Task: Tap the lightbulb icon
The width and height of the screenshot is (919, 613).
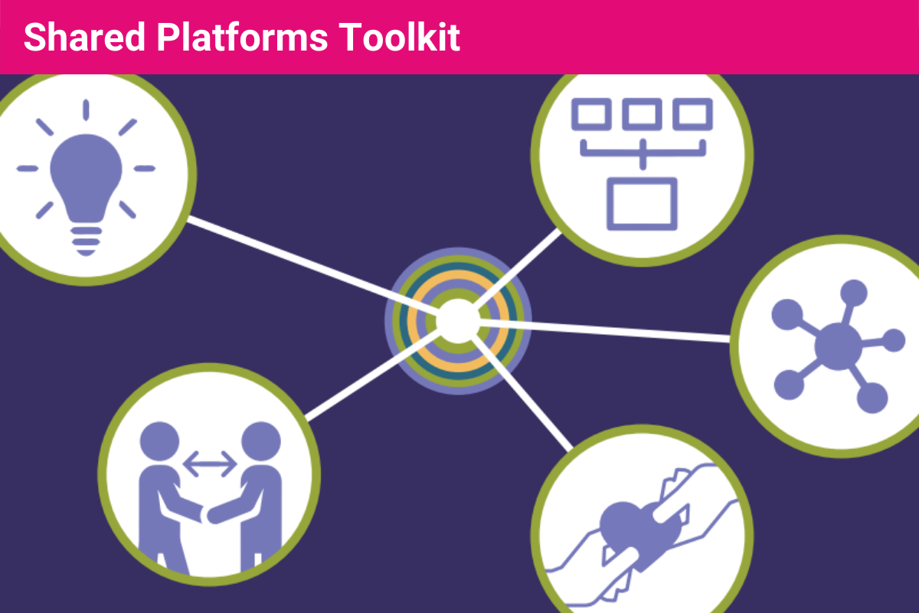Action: (85, 172)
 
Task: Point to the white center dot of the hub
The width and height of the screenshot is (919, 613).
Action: (457, 320)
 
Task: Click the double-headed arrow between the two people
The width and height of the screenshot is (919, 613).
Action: (209, 462)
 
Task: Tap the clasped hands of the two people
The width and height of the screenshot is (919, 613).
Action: (208, 512)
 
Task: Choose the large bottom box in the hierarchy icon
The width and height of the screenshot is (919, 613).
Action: (642, 203)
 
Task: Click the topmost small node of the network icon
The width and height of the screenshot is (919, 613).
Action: (853, 293)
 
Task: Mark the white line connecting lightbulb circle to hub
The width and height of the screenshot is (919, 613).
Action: (299, 261)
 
